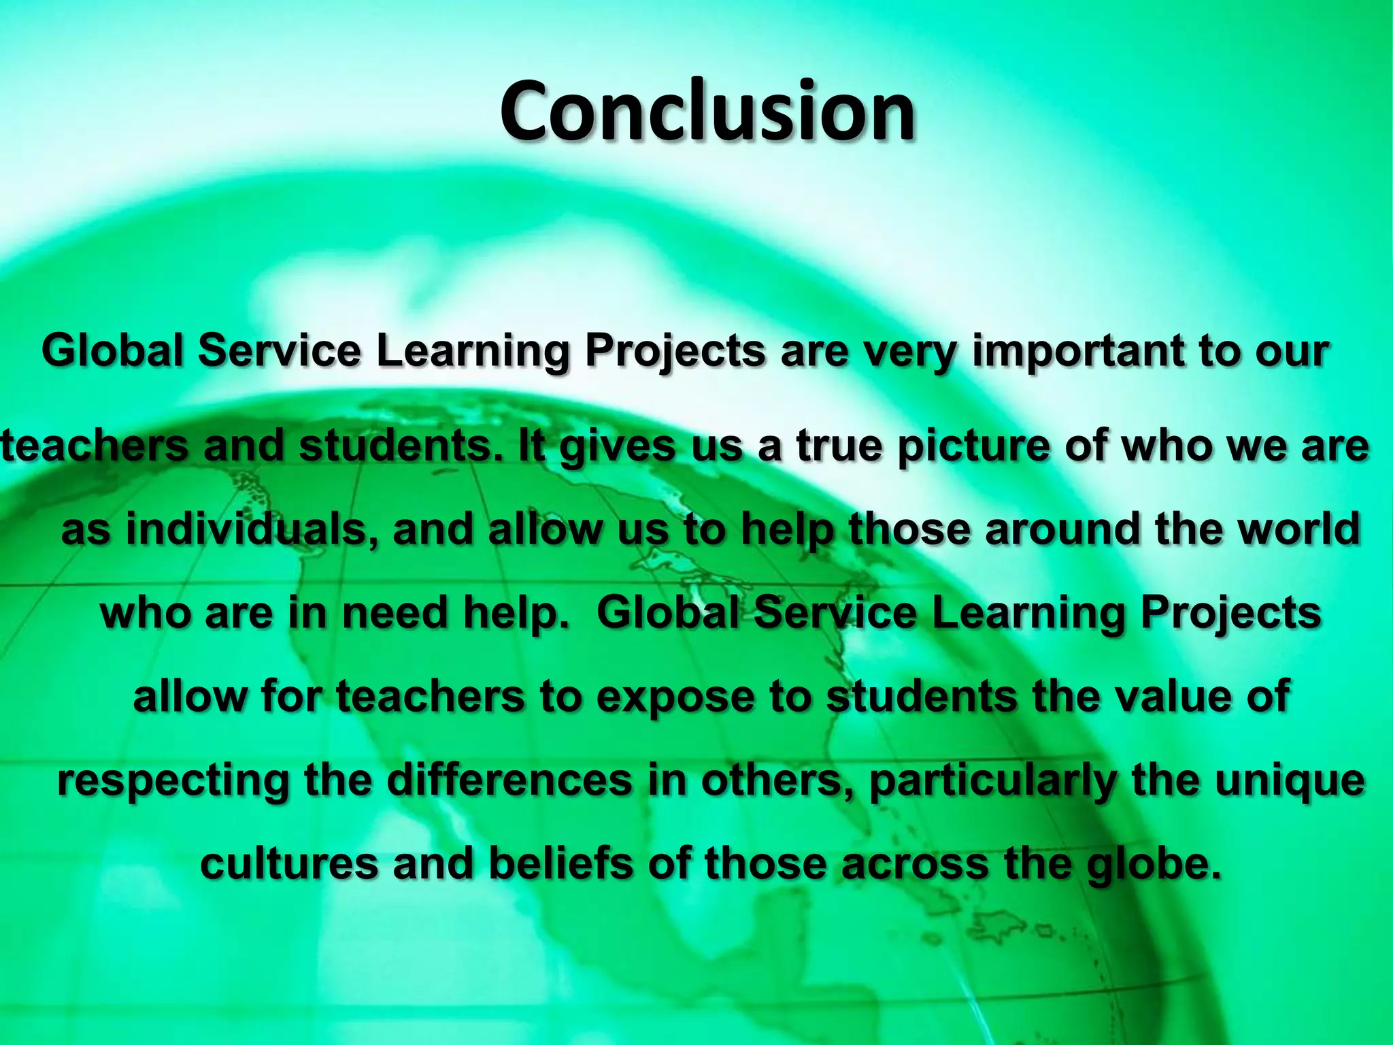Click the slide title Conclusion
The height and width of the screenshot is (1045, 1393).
pos(707,111)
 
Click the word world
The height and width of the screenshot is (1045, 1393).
pos(1298,530)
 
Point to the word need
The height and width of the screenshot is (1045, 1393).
pos(395,613)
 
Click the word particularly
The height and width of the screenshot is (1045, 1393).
pos(992,780)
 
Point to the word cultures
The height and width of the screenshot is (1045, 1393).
pos(289,863)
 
